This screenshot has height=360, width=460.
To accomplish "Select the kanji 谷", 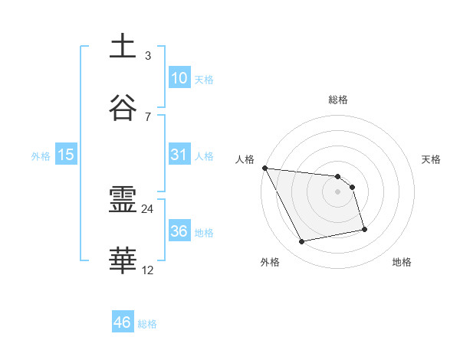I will click(x=123, y=108).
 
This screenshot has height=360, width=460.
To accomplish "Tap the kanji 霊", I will click(x=123, y=201).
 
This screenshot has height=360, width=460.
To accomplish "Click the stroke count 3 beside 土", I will click(x=148, y=55).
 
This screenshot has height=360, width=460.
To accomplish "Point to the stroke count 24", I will click(x=148, y=208).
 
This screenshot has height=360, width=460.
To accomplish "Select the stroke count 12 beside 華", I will click(x=148, y=270).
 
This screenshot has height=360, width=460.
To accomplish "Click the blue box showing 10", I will click(x=179, y=78).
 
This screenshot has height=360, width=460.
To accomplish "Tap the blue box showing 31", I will click(x=179, y=155).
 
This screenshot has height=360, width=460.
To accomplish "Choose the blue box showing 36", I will click(x=179, y=231).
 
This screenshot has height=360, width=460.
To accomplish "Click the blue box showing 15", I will click(x=66, y=155).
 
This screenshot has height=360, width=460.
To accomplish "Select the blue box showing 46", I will click(x=123, y=322).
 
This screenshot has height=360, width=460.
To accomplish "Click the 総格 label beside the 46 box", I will click(x=147, y=324).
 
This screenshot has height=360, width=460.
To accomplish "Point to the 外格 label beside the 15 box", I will click(x=41, y=156).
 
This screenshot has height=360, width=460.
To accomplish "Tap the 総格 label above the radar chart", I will click(x=338, y=100).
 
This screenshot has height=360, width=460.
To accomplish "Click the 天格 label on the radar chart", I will click(x=432, y=159).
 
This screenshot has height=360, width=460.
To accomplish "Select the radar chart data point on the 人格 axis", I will click(x=264, y=168).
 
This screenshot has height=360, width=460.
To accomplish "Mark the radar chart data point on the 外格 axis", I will click(x=302, y=242).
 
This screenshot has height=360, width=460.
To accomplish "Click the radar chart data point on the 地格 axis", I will click(x=364, y=229).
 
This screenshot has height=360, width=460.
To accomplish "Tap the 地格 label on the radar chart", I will click(x=402, y=262).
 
